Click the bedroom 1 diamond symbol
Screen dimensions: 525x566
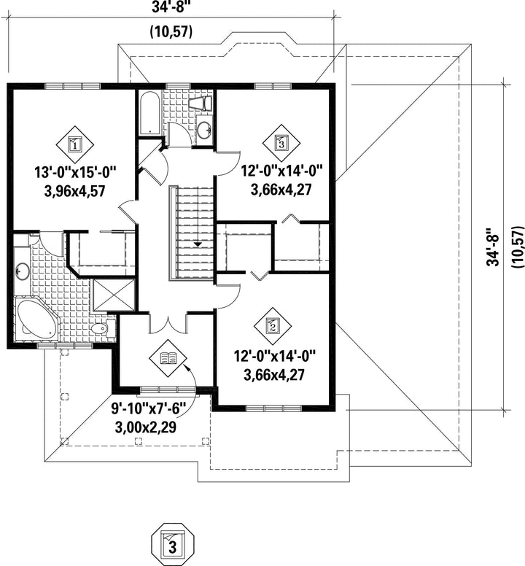pyautogui.click(x=74, y=144)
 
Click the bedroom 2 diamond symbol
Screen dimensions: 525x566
pyautogui.click(x=273, y=326)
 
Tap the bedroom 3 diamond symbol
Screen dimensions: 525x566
pyautogui.click(x=281, y=143)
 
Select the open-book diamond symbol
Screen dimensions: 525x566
pyautogui.click(x=168, y=358)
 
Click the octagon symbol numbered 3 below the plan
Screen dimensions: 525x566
pyautogui.click(x=173, y=544)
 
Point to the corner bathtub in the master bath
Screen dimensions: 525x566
pyautogui.click(x=35, y=319)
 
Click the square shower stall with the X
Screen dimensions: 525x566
pyautogui.click(x=114, y=295)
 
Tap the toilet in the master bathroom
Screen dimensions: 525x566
pyautogui.click(x=102, y=328)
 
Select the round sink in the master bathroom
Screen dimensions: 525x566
pyautogui.click(x=23, y=271)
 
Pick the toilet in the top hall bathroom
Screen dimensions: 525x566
pyautogui.click(x=201, y=104)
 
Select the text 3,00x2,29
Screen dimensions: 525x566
pyautogui.click(x=145, y=427)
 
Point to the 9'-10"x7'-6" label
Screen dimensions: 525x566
pyautogui.click(x=148, y=410)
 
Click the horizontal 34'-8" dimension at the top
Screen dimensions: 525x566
pyautogui.click(x=171, y=7)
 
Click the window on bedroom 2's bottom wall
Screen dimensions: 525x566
pyautogui.click(x=273, y=408)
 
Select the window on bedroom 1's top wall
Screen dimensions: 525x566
pyautogui.click(x=72, y=86)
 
